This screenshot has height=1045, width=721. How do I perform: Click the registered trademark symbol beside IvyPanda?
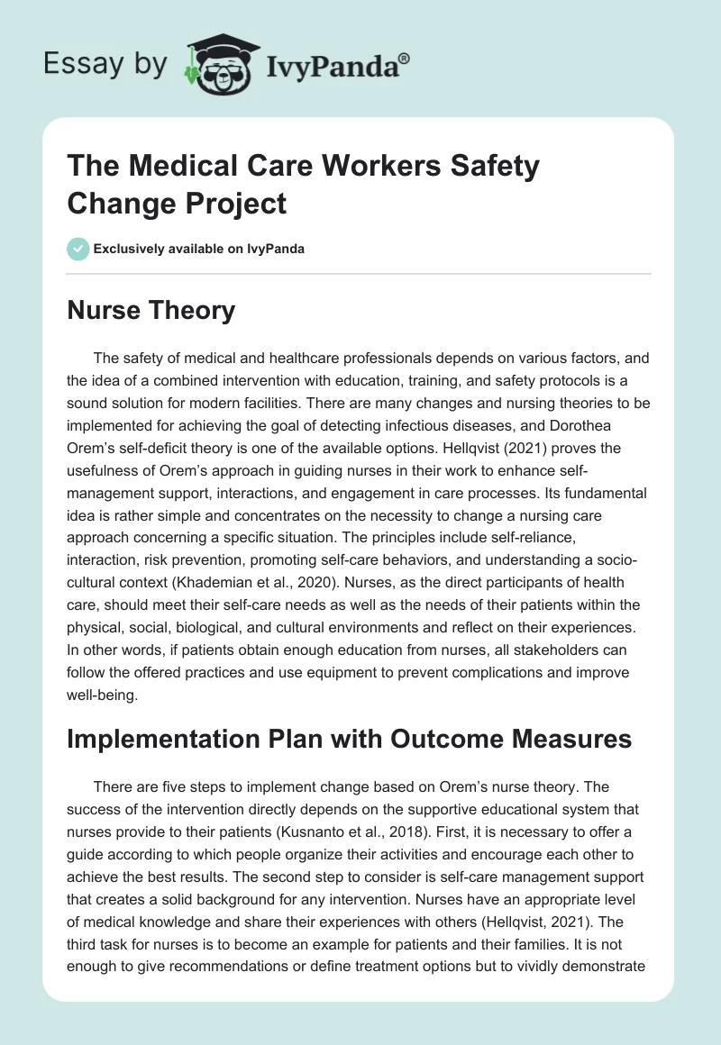point(404,59)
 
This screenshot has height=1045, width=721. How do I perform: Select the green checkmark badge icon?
point(78,250)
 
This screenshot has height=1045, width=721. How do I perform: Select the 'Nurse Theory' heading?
point(151,311)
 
